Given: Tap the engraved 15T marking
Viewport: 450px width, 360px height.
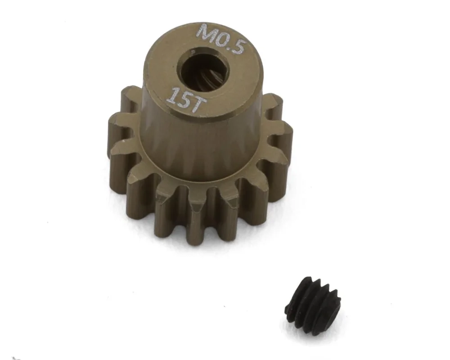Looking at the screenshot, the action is pyautogui.click(x=184, y=99).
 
